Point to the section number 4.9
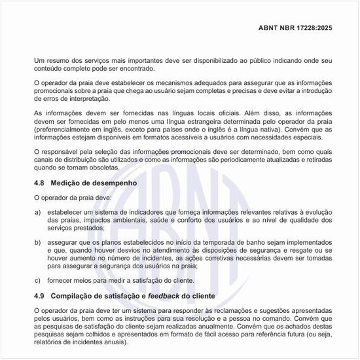coord(40,297)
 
